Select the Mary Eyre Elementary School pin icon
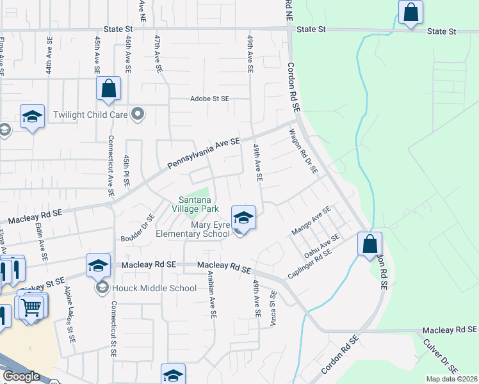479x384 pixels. pos(243,219)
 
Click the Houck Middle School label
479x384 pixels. pos(154,288)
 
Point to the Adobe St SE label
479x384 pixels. pos(209,99)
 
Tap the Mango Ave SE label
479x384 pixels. pos(311,221)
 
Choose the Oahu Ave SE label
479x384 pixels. pos(321,246)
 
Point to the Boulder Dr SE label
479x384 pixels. pos(138,228)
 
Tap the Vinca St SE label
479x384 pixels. pos(273,305)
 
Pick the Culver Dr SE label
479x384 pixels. pos(441,356)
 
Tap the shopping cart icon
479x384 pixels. pos(31,308)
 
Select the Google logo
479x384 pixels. pos(21,376)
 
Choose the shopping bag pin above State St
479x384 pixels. pos(410,12)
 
